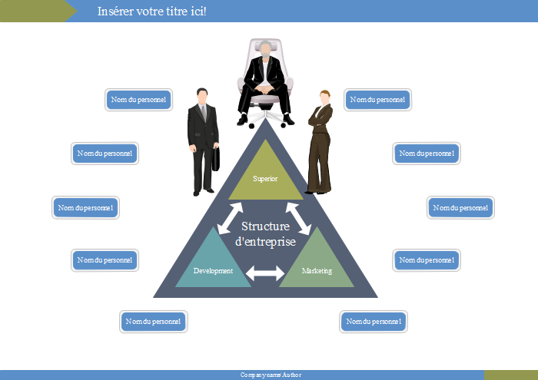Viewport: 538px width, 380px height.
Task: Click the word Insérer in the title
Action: pos(116,12)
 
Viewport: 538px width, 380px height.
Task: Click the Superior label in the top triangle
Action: pos(265,179)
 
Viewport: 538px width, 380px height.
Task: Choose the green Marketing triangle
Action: pos(317,265)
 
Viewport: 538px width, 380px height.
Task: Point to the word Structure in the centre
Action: pos(265,226)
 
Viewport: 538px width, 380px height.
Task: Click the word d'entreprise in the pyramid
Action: pos(265,241)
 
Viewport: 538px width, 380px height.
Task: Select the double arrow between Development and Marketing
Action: pos(265,273)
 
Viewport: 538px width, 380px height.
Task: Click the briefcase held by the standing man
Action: pos(218,158)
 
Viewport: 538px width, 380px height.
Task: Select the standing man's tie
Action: pos(204,114)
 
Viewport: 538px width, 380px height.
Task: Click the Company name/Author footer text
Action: pos(271,375)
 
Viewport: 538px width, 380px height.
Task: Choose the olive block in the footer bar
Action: pos(510,375)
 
